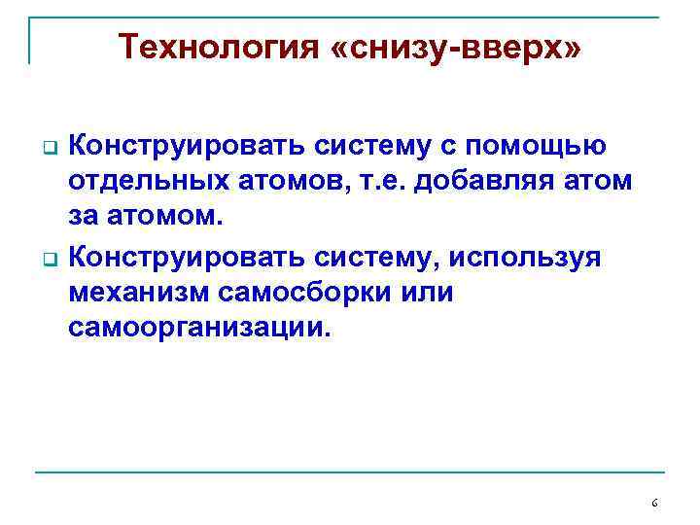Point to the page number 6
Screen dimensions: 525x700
[654, 503]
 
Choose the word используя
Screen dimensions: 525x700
[527, 258]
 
